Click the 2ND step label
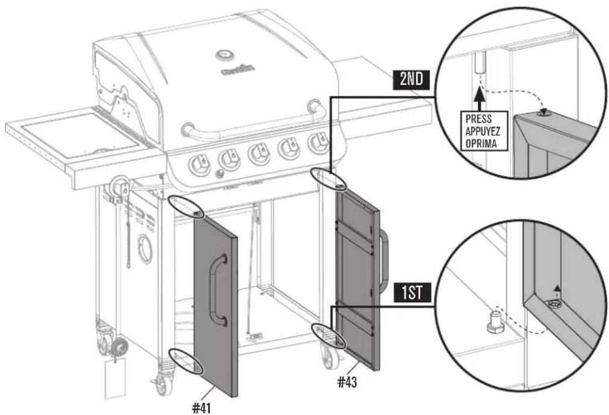pyautogui.click(x=411, y=79)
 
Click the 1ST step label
pyautogui.click(x=412, y=293)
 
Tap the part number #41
pyautogui.click(x=202, y=408)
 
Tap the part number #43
pyautogui.click(x=347, y=383)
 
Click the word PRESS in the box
pyautogui.click(x=479, y=119)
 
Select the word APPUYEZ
pyautogui.click(x=483, y=131)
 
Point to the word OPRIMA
pyautogui.click(x=481, y=143)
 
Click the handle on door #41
pyautogui.click(x=217, y=289)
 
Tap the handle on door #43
pyautogui.click(x=384, y=261)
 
